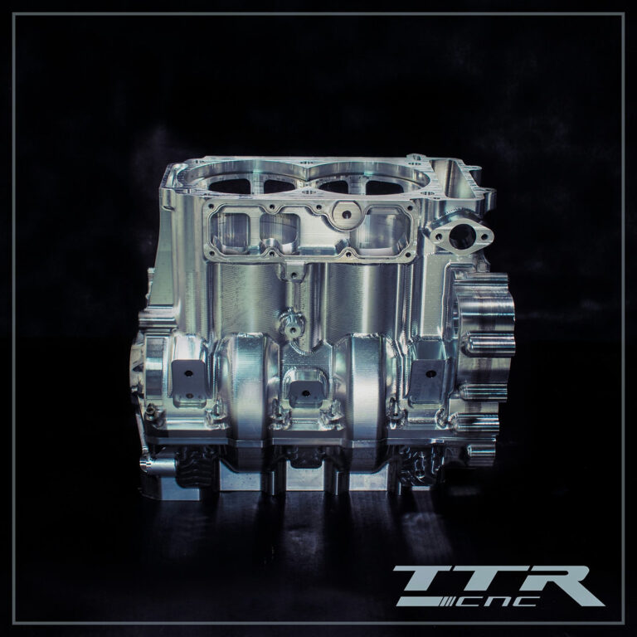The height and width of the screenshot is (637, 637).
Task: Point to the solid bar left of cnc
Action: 418,601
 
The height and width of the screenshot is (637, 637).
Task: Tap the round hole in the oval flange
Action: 462,236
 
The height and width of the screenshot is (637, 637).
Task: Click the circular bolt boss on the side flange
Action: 346,214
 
